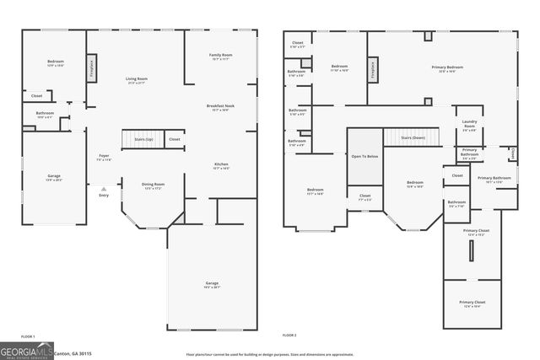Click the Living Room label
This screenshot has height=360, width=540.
click(x=136, y=80)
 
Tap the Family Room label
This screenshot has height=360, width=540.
click(x=221, y=56)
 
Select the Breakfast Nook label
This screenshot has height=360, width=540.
click(x=221, y=107)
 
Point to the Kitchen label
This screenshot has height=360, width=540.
click(x=221, y=165)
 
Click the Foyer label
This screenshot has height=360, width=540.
click(x=104, y=157)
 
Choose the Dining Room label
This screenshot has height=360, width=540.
click(x=153, y=185)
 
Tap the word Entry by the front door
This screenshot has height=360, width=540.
click(x=104, y=195)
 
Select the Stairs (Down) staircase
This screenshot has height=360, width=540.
click(x=412, y=137)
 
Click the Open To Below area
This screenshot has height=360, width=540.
click(x=364, y=156)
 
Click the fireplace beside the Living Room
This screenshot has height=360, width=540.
click(x=91, y=67)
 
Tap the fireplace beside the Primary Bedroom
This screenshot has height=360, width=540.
click(x=372, y=71)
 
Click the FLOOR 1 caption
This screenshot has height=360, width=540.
click(x=27, y=336)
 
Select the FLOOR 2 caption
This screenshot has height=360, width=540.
click(x=289, y=336)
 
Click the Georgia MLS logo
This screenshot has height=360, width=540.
click(x=26, y=351)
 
